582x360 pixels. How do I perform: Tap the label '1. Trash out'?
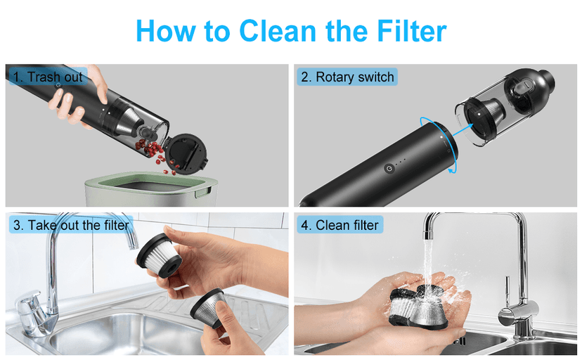[x=48, y=77]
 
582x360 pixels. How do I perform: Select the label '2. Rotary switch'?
[x=347, y=77]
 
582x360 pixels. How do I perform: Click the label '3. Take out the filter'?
[x=70, y=225]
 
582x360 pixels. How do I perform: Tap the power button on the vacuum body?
[x=389, y=169]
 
